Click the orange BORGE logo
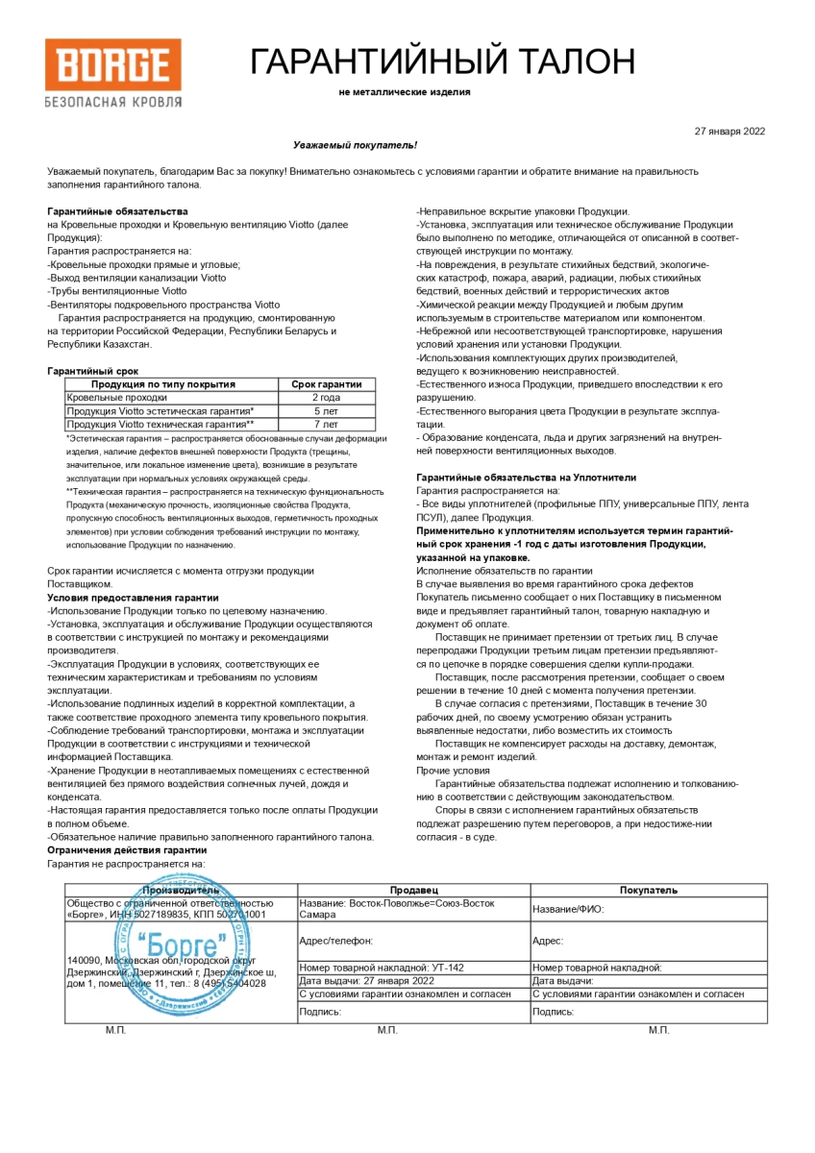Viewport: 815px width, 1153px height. tap(112, 65)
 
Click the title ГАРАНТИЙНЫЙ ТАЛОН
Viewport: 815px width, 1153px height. tap(442, 61)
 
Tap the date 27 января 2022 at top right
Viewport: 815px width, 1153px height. tap(729, 132)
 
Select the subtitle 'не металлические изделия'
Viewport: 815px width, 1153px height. tap(405, 92)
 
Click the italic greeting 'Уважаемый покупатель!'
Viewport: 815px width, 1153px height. tap(355, 144)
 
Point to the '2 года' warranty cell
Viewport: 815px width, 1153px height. tap(326, 397)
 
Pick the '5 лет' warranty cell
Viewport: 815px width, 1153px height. tap(326, 410)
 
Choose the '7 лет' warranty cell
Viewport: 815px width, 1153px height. tap(326, 424)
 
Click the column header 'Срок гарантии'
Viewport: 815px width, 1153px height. tap(326, 383)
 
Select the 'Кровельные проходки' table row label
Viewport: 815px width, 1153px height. tap(116, 397)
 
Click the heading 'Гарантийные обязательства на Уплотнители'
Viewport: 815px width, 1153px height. tap(526, 477)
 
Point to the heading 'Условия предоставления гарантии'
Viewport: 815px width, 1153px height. tap(127, 597)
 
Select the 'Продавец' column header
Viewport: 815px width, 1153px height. tap(413, 890)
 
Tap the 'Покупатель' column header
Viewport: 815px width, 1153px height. tap(649, 890)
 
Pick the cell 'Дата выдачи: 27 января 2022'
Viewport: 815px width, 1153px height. tap(367, 981)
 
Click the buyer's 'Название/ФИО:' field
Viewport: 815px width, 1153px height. tap(568, 909)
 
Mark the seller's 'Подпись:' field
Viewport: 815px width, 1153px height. tap(321, 1011)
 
